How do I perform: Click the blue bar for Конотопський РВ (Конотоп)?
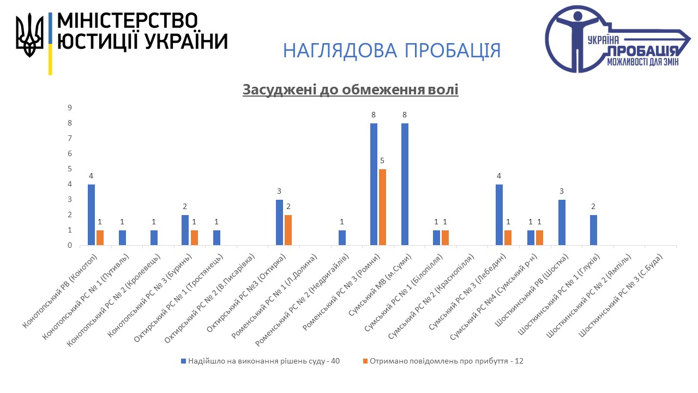click(91, 215)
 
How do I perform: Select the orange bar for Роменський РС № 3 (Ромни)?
click(382, 207)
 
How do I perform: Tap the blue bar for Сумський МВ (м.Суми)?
click(405, 184)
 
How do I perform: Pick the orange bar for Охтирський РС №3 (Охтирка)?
click(288, 230)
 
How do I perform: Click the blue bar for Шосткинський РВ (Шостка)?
click(562, 223)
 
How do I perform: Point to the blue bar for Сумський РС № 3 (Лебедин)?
click(499, 215)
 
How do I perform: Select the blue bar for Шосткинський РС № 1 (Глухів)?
click(593, 230)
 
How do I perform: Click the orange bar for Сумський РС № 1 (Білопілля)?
click(445, 238)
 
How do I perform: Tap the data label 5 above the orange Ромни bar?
click(382, 161)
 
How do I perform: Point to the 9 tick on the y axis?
click(70, 108)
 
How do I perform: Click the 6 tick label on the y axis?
click(70, 154)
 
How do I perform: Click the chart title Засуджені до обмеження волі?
click(351, 90)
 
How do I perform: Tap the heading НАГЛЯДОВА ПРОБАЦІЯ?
click(392, 50)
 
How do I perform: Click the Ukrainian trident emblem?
click(29, 35)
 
